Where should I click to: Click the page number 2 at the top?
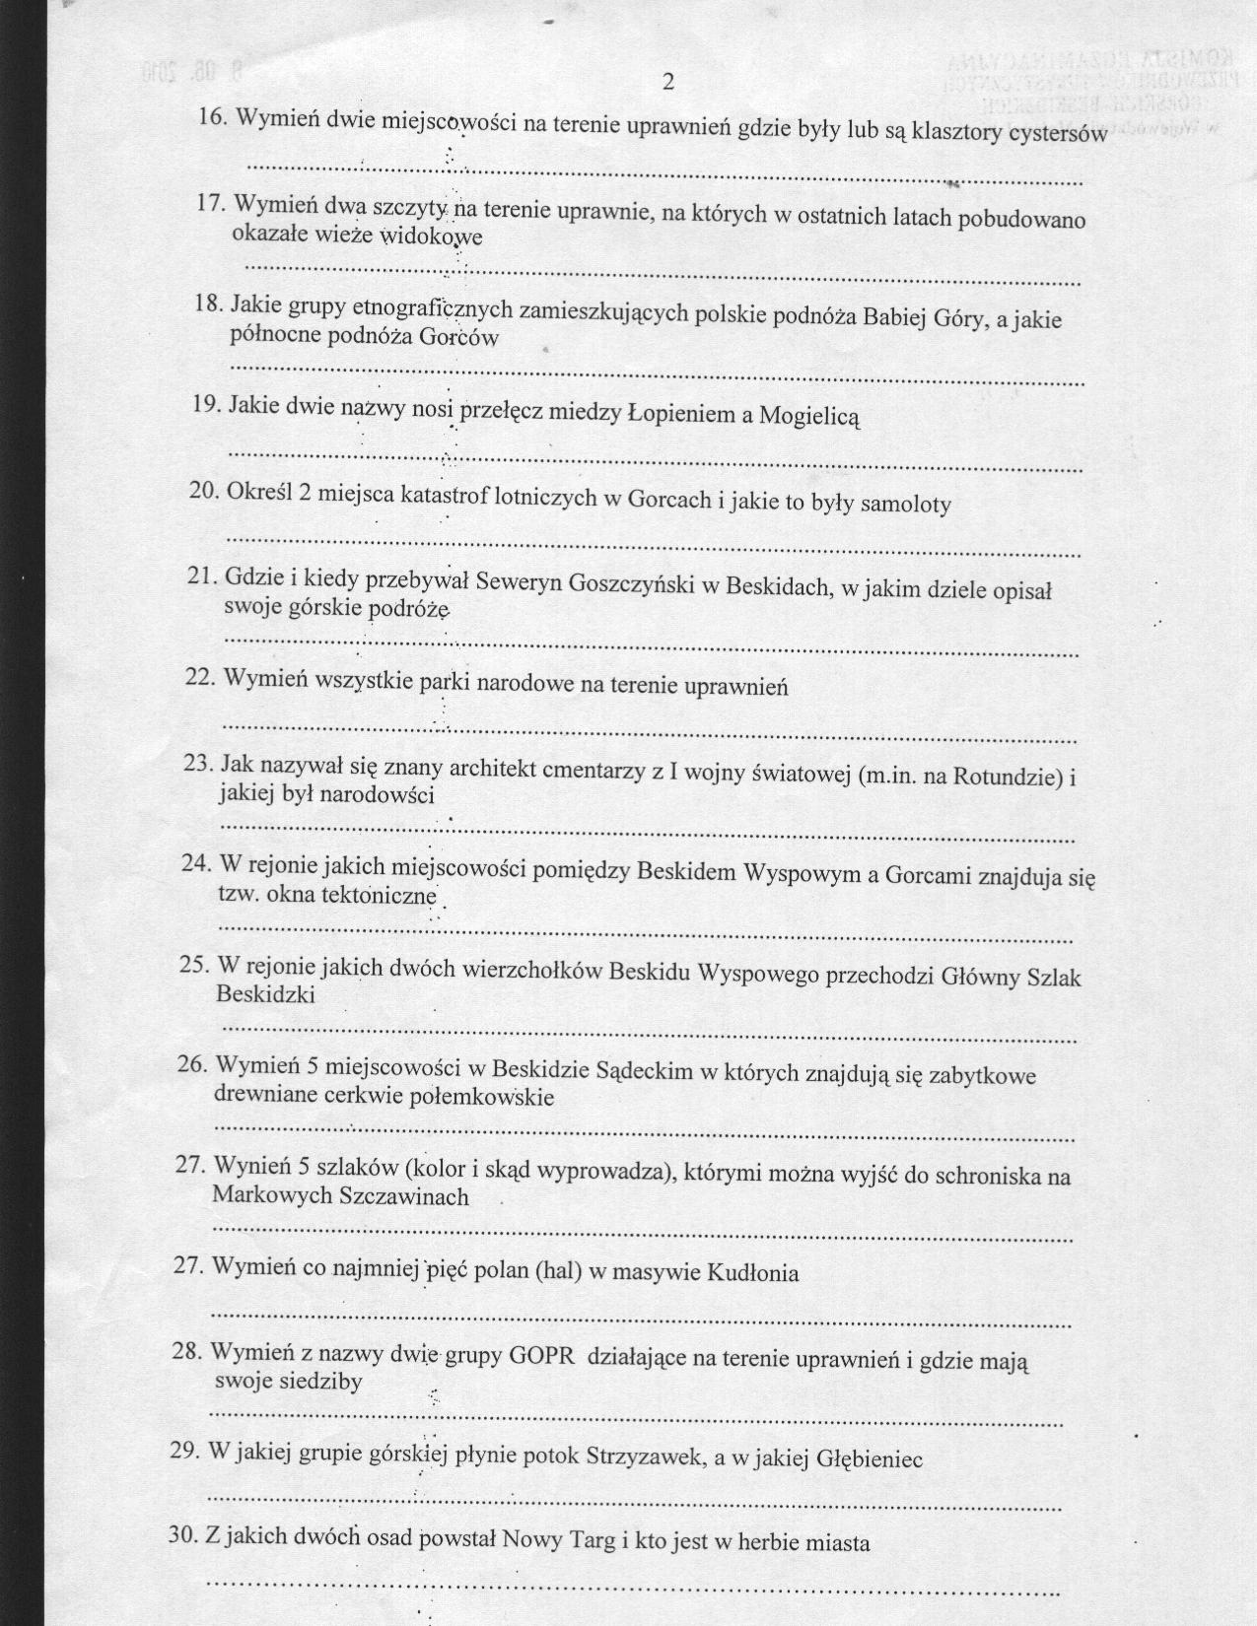click(667, 82)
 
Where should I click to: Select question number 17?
click(211, 204)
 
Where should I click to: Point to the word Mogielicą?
click(808, 416)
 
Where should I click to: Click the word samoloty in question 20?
click(906, 505)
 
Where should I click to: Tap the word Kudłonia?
click(752, 1273)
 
